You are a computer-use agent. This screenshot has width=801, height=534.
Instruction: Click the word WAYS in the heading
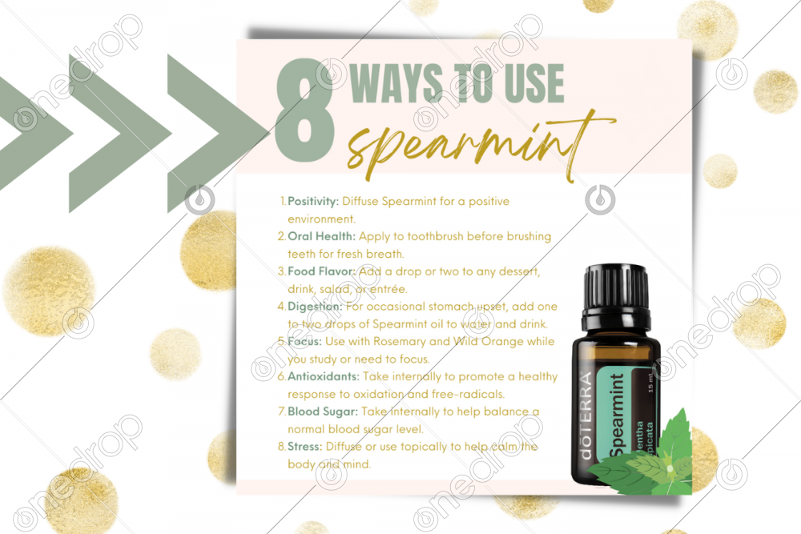[x=396, y=83]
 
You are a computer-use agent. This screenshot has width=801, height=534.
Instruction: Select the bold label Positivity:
[x=313, y=201]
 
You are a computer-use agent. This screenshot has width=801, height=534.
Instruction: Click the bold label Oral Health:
[x=321, y=236]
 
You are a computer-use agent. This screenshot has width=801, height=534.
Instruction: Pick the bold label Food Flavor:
[x=321, y=271]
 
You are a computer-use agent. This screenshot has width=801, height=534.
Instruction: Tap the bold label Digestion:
[x=315, y=307]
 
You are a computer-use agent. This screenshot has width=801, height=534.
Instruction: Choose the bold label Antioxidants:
[x=324, y=376]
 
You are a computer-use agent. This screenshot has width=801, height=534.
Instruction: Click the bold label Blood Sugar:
[x=322, y=412]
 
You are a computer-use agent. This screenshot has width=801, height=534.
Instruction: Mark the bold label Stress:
[x=305, y=447]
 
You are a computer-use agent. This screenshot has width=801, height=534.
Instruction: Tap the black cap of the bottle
[x=617, y=297]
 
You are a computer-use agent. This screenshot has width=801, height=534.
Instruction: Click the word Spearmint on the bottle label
[x=617, y=415]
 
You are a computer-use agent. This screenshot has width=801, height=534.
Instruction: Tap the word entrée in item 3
[x=388, y=289]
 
